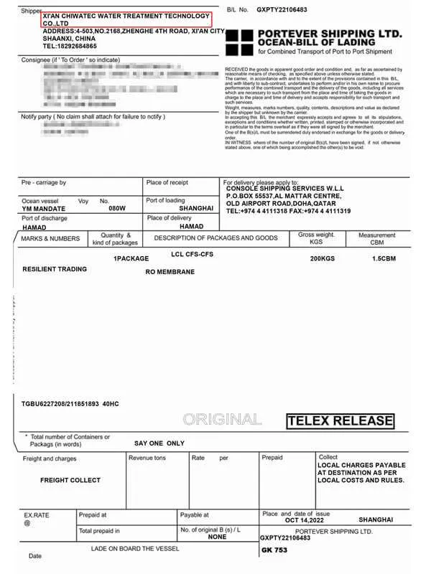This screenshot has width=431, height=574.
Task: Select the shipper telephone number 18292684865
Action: tap(70, 46)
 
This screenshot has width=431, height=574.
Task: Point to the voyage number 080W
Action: tap(117, 209)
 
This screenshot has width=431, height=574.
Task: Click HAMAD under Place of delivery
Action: tap(191, 226)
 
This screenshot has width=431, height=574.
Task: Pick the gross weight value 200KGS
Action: tap(323, 258)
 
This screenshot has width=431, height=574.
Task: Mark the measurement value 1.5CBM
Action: tap(381, 258)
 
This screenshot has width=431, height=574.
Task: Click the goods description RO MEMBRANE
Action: tap(170, 273)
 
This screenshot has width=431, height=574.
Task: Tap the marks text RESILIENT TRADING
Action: tap(55, 269)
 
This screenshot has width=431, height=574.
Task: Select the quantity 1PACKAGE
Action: tap(131, 258)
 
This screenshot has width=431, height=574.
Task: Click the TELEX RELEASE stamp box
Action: tap(340, 421)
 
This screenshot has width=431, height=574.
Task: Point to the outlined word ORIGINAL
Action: tap(222, 420)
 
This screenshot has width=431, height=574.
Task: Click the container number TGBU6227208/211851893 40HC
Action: tap(70, 404)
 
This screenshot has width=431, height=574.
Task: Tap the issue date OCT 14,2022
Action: tap(306, 519)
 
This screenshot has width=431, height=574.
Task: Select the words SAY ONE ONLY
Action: tap(159, 443)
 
